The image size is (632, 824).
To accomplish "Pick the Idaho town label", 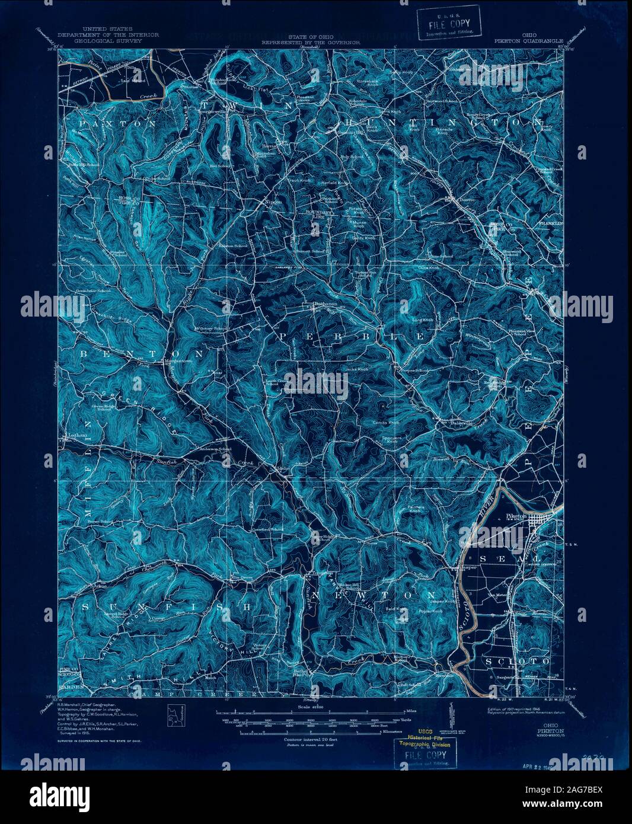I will [x=283, y=468].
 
